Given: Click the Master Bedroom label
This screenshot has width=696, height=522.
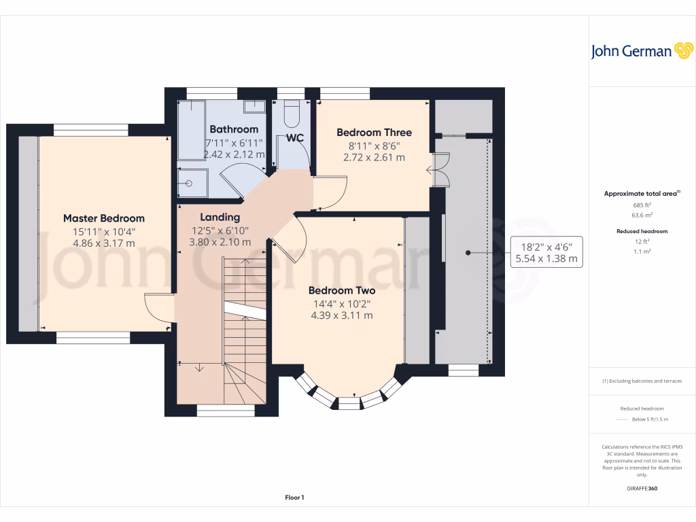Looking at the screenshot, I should (x=104, y=218).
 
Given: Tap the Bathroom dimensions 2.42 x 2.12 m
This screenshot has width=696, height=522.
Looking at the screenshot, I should (x=234, y=154).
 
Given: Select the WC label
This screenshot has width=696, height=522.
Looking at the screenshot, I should (x=294, y=138).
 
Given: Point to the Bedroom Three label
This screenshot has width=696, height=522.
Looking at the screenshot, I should (x=374, y=133).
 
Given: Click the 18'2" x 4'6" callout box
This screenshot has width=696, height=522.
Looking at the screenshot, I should (x=546, y=252).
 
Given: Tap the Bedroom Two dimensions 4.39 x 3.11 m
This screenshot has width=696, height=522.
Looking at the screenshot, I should (x=342, y=315).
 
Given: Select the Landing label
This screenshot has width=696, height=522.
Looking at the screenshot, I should (x=220, y=217).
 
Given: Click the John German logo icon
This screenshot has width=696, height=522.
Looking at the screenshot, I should (x=682, y=50).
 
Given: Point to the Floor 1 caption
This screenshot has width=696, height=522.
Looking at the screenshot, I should (x=294, y=498).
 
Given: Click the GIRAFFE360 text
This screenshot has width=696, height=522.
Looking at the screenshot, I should (x=642, y=488).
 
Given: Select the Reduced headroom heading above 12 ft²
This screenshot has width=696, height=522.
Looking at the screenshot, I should (x=642, y=231).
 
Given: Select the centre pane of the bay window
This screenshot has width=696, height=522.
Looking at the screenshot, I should (x=349, y=404).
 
